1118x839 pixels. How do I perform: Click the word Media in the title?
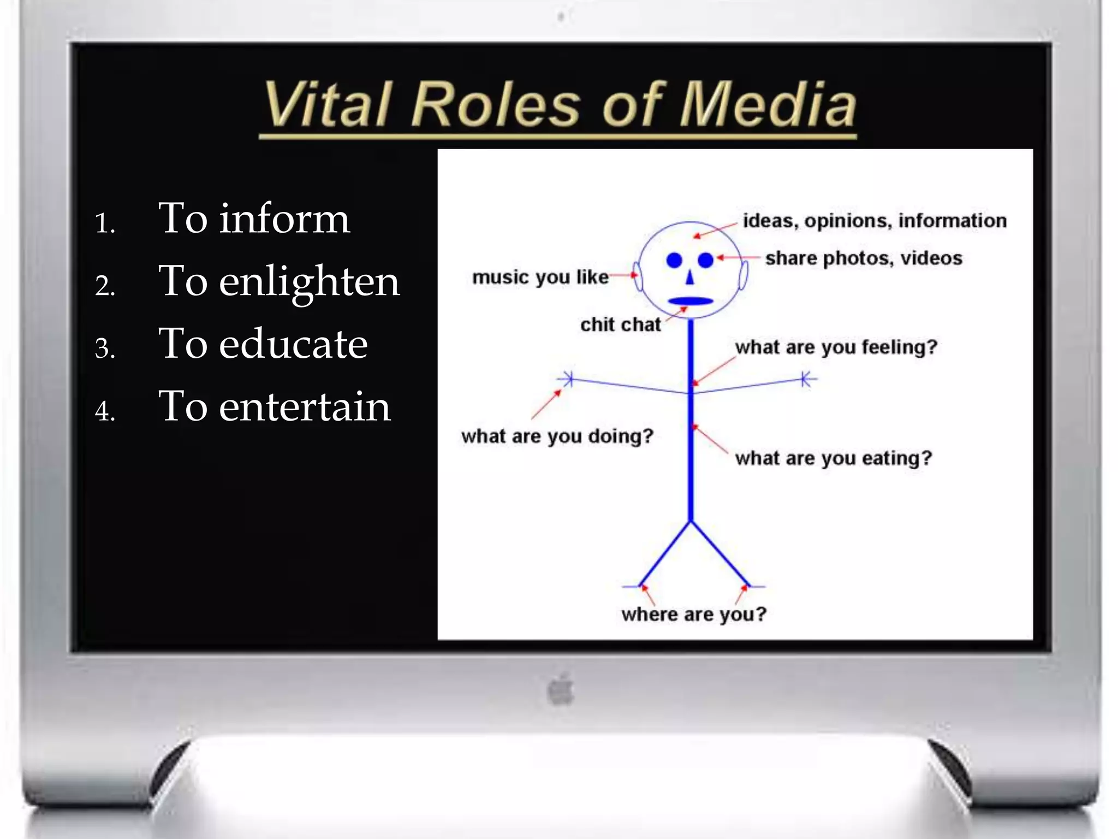(768, 105)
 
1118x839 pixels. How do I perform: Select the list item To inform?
(253, 218)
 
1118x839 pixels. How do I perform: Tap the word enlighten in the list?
(310, 282)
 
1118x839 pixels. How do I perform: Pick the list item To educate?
(263, 344)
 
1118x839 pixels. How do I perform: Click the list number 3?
(105, 348)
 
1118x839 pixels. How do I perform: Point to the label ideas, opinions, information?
(875, 221)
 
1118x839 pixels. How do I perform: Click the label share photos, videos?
(864, 258)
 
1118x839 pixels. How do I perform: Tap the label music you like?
(540, 277)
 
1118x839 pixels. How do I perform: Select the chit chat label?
(620, 324)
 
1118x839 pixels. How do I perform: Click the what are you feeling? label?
(836, 347)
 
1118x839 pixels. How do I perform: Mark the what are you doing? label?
(557, 436)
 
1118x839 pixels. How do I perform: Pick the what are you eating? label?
(833, 458)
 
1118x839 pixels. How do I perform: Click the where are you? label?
(694, 614)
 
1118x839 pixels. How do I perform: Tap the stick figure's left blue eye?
(675, 260)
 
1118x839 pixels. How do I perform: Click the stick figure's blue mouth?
(691, 300)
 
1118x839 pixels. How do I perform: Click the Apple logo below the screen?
(561, 690)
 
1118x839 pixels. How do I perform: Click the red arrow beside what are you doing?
(546, 404)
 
